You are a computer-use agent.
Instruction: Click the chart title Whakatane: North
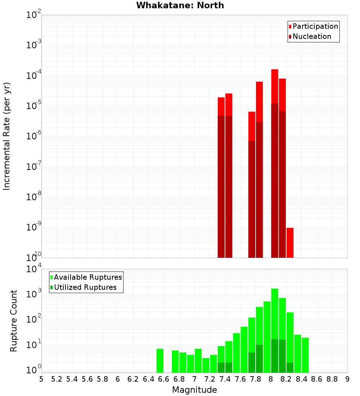(180, 5)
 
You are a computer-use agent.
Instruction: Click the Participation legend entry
(315, 27)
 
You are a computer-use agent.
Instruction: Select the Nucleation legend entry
(312, 37)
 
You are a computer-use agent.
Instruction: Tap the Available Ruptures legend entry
(88, 277)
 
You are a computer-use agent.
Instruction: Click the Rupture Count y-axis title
(14, 321)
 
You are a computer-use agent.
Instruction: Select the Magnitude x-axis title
(194, 390)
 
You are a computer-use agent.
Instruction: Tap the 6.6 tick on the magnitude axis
(164, 379)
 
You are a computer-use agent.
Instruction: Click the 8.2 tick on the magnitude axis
(286, 379)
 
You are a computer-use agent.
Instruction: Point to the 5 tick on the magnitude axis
(41, 379)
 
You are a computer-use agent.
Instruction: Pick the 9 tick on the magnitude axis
(347, 379)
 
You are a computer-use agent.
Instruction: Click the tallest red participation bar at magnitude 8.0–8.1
(275, 86)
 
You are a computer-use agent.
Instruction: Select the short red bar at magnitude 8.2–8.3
(290, 243)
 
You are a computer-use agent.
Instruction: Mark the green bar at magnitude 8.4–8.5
(305, 355)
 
